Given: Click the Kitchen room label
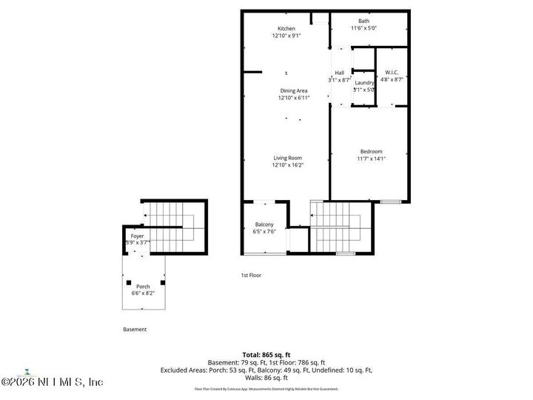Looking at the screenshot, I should click(286, 29).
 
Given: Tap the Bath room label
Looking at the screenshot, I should click(363, 21).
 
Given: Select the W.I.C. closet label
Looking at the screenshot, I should click(393, 72).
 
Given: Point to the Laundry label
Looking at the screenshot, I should click(364, 83).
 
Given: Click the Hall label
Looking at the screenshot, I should click(340, 73).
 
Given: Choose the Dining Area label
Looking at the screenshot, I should click(293, 90).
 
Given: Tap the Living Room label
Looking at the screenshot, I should click(287, 158).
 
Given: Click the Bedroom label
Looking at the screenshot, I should click(372, 152).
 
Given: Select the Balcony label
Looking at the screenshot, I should click(265, 224).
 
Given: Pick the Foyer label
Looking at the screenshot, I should click(138, 236).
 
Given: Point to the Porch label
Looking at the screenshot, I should click(143, 287).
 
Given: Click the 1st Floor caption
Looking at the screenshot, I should click(251, 275).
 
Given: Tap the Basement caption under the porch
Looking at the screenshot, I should click(135, 330).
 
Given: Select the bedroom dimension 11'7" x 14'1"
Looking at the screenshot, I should click(372, 159).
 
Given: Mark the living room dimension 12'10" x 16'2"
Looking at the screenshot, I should click(289, 165).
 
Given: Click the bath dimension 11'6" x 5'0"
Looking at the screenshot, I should click(364, 28).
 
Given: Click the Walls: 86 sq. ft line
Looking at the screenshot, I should click(266, 377).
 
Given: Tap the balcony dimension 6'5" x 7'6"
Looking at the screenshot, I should click(265, 231).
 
